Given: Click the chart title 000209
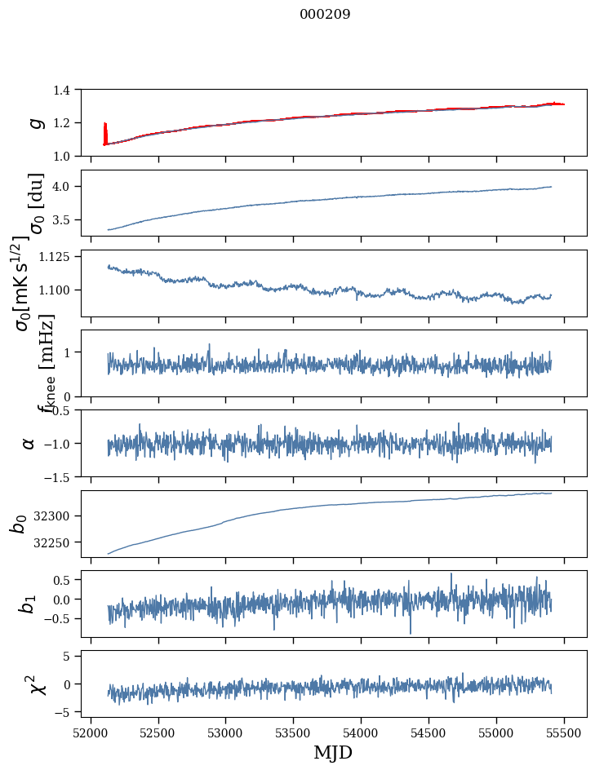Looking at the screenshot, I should pyautogui.click(x=325, y=15).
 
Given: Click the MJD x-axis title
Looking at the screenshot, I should pyautogui.click(x=333, y=752).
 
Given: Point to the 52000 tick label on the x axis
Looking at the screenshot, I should pyautogui.click(x=91, y=732).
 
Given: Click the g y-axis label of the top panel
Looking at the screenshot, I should pyautogui.click(x=34, y=122).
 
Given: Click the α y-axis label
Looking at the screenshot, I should pyautogui.click(x=29, y=443).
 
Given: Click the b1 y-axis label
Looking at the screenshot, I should pyautogui.click(x=29, y=604).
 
